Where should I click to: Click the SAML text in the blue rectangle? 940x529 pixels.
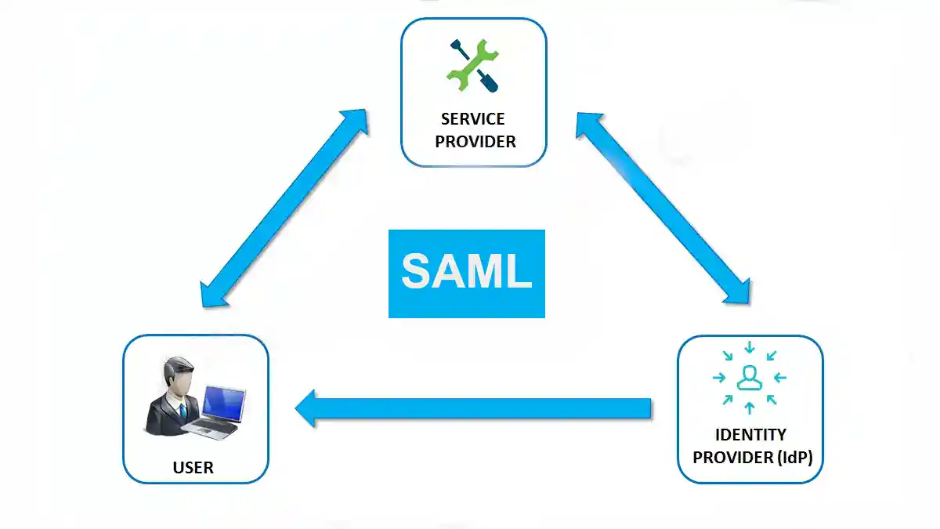tap(466, 272)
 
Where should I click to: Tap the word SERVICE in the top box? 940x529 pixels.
tap(473, 119)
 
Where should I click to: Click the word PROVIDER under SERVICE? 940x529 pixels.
tap(475, 142)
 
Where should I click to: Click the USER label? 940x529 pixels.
tap(193, 468)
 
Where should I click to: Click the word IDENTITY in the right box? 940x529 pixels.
tap(750, 434)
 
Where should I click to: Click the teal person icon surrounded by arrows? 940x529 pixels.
tap(750, 378)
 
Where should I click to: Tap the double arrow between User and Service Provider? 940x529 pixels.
tap(284, 208)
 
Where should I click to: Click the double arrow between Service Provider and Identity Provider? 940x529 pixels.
tap(664, 208)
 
